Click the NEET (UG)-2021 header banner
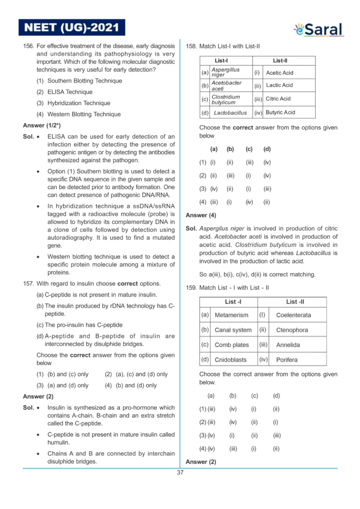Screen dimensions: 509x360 pos(72,27)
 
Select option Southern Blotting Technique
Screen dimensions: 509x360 pos(80,81)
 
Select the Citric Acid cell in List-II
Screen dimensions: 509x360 pos(278,99)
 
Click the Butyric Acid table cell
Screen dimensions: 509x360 pos(280,113)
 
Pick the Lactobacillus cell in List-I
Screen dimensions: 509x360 pos(230,113)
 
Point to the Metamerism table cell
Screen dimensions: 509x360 pos(231,315)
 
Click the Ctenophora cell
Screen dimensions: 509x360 pos(292,330)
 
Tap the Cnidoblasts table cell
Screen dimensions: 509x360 pos(231,359)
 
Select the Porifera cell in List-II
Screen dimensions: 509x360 pos(287,359)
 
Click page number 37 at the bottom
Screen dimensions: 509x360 pos(180,473)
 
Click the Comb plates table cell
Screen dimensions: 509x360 pos(232,344)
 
